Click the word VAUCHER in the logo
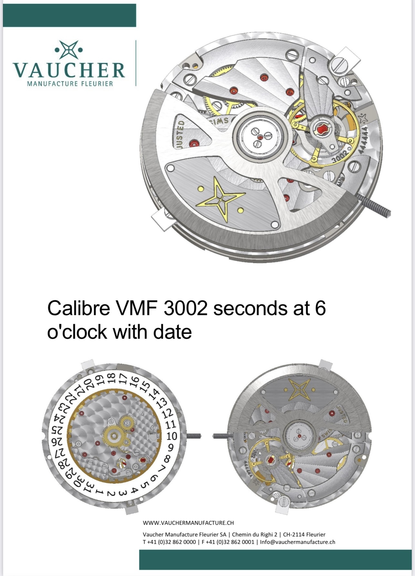[x=69, y=70]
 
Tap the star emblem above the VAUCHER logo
[x=69, y=50]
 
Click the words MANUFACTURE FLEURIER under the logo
[x=70, y=84]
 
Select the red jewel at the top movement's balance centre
[x=323, y=130]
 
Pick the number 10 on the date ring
[x=172, y=436]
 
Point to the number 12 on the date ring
[x=167, y=414]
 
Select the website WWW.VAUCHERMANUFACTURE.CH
[x=188, y=523]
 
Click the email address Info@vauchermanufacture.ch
[x=297, y=542]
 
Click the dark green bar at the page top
[x=69, y=15]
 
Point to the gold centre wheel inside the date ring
[x=114, y=436]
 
